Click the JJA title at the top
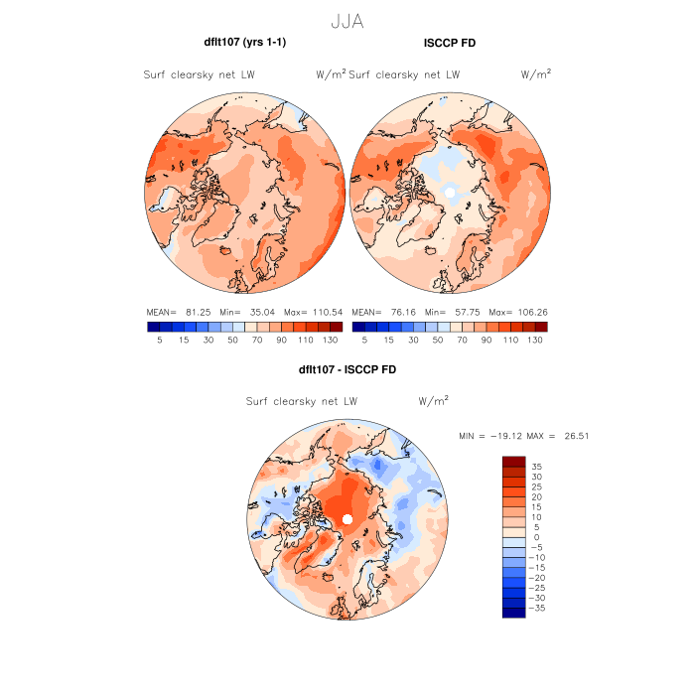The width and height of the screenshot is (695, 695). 347,20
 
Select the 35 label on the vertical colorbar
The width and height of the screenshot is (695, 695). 535,466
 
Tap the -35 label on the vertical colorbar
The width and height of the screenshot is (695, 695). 538,608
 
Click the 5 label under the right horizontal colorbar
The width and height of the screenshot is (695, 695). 365,340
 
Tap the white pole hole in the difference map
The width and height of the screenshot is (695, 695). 347,520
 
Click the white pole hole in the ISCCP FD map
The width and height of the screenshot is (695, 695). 450,191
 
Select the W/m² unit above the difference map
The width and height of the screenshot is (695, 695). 433,401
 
